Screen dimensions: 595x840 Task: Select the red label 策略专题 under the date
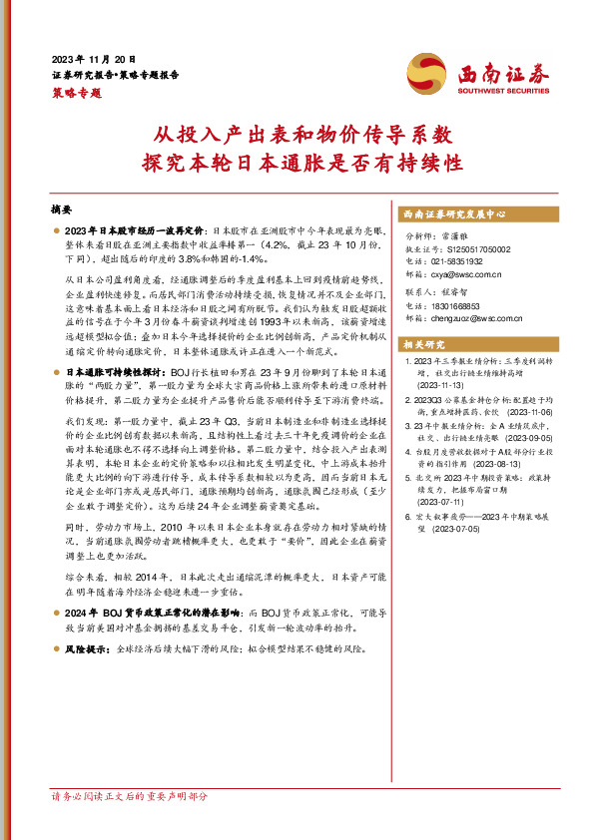(x=77, y=92)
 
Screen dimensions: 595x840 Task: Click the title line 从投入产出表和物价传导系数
(x=297, y=132)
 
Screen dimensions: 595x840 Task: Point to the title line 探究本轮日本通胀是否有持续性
(x=297, y=160)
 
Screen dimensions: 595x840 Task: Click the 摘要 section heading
(x=61, y=210)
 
